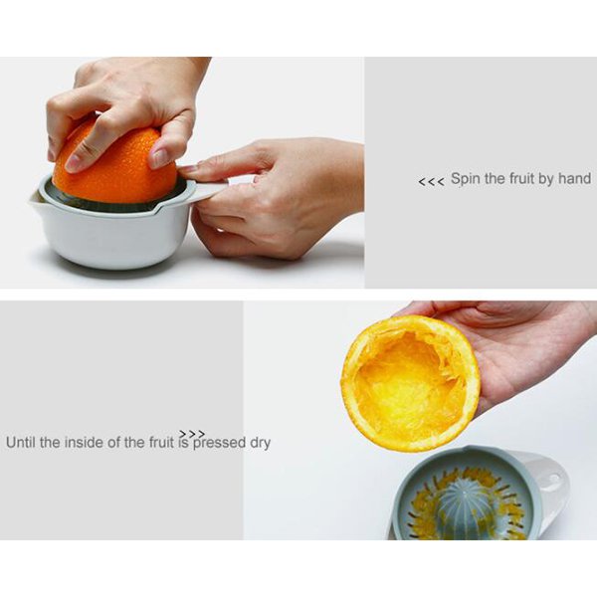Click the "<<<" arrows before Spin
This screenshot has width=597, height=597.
431,182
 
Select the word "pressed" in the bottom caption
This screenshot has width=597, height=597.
219,443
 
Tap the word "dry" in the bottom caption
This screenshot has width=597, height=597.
260,443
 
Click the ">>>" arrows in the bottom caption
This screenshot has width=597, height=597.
192,434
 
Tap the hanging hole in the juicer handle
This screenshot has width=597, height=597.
553,478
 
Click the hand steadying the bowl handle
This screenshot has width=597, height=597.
275,198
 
